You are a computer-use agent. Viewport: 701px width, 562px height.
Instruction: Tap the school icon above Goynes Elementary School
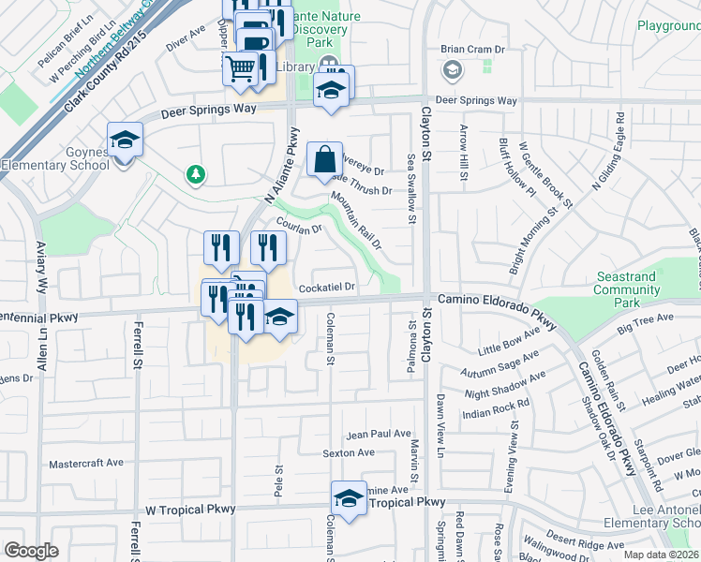click(125, 140)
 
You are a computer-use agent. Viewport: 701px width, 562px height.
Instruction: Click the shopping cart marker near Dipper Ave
click(241, 67)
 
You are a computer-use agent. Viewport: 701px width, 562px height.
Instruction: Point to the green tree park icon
click(195, 173)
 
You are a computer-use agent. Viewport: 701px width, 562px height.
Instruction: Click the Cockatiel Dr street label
click(326, 288)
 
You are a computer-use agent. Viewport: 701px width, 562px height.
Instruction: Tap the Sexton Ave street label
click(348, 453)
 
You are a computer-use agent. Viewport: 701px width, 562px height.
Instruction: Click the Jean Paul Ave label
click(379, 435)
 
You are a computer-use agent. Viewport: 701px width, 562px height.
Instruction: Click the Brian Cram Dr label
click(472, 50)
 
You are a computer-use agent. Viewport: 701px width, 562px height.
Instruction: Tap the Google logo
click(31, 551)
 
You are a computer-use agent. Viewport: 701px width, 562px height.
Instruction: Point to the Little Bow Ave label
click(509, 342)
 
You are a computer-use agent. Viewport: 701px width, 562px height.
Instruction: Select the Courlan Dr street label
click(300, 226)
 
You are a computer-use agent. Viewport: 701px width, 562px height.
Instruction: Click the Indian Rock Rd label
click(496, 408)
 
